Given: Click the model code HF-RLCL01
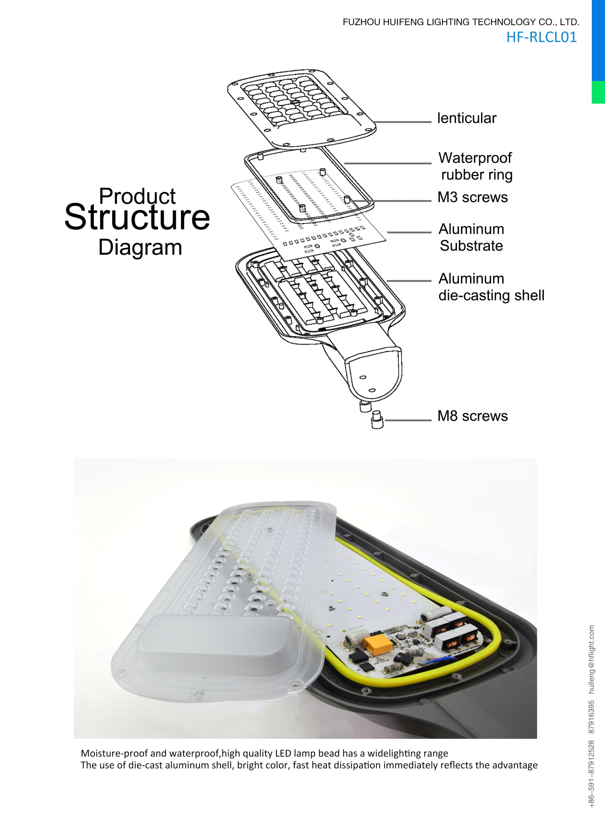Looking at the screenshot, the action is (x=542, y=37).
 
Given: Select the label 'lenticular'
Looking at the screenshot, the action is (x=467, y=118).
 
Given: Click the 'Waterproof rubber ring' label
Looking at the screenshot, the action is (x=476, y=166).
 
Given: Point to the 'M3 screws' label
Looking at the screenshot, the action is (x=472, y=197).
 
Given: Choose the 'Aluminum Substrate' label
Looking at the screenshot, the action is (x=472, y=237).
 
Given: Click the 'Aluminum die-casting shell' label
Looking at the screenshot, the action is (x=491, y=287).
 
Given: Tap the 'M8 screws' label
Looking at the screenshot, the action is (x=472, y=416).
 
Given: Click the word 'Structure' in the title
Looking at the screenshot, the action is (x=137, y=217).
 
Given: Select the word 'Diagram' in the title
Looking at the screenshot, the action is (x=140, y=247).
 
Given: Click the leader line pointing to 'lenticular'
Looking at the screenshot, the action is (x=403, y=122).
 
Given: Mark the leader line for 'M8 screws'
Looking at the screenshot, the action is (x=407, y=420).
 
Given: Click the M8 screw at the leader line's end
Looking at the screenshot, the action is (x=377, y=420).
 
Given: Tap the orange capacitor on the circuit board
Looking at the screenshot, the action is (x=378, y=645).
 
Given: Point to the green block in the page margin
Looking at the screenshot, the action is (x=598, y=92).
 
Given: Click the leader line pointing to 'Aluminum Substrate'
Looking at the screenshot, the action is (x=409, y=232).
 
